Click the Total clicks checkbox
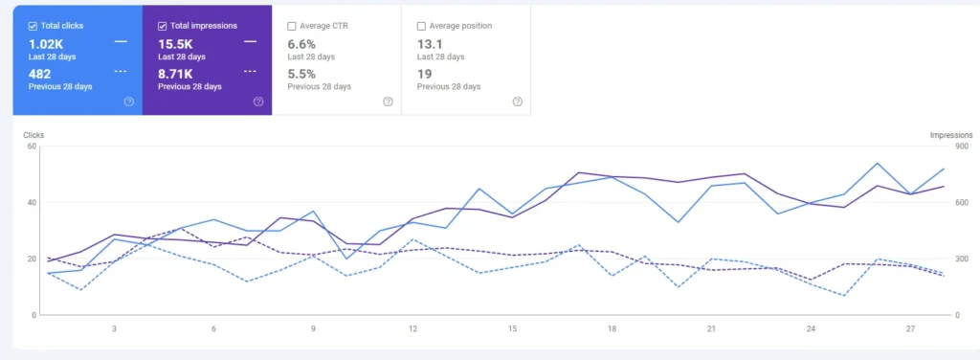[33, 26]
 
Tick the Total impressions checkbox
[163, 26]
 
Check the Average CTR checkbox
[292, 26]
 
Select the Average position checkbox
[422, 26]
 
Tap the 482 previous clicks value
[40, 73]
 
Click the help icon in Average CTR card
[388, 101]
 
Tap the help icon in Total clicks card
[128, 101]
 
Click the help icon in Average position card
[517, 101]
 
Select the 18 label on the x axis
[612, 328]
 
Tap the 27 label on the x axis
[910, 328]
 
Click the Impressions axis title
[951, 135]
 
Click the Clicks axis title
[33, 135]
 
